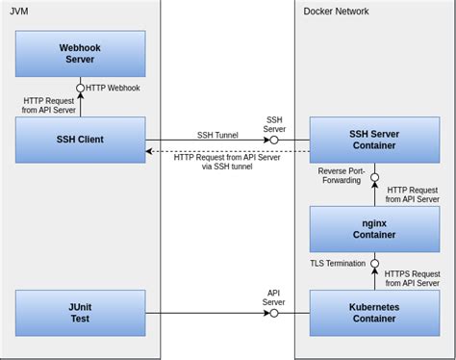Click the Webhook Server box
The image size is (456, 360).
point(81,54)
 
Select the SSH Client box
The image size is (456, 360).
point(81,140)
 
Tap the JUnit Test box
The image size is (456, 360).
point(81,313)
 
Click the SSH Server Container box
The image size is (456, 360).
point(374,140)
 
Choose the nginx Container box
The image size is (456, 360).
point(374,228)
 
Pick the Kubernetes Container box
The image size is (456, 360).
point(374,313)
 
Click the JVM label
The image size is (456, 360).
point(19,12)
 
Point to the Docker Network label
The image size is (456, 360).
point(336,12)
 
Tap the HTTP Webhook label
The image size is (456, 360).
point(114,88)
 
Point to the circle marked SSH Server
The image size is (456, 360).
point(274,141)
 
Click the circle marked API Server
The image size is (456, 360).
point(274,313)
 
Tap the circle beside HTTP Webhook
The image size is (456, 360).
point(81,88)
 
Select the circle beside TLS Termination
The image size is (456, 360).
point(374,263)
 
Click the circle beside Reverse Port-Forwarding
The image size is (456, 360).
point(374,177)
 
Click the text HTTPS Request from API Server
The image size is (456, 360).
point(412,278)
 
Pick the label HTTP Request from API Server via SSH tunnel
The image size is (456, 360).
point(227,163)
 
